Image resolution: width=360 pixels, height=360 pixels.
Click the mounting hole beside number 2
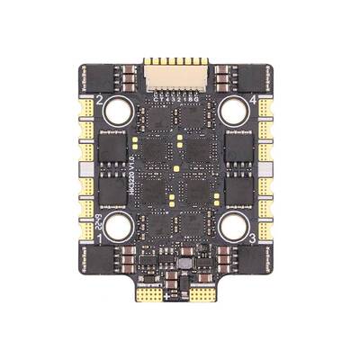click(x=118, y=112)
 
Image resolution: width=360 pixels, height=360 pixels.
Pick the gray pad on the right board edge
click(x=270, y=168)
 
